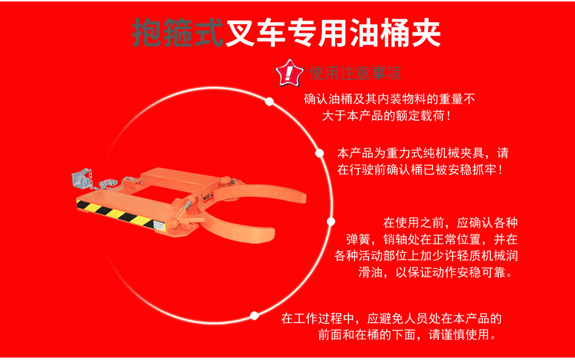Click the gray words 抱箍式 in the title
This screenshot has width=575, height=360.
point(177,33)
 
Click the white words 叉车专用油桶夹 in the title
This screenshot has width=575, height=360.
point(333,33)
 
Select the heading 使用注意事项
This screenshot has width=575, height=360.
point(355,73)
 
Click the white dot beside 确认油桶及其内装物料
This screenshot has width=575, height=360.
point(269,102)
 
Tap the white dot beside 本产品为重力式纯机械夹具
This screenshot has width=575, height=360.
point(319,153)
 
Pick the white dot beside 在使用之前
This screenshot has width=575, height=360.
point(331,222)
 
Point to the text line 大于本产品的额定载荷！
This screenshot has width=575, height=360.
point(386,117)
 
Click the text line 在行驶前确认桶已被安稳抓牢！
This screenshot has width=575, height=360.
point(420,170)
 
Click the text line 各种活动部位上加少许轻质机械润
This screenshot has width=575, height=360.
point(426,256)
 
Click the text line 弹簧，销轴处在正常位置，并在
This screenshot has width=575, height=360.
point(431,239)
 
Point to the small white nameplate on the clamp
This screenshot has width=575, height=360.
point(160,226)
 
